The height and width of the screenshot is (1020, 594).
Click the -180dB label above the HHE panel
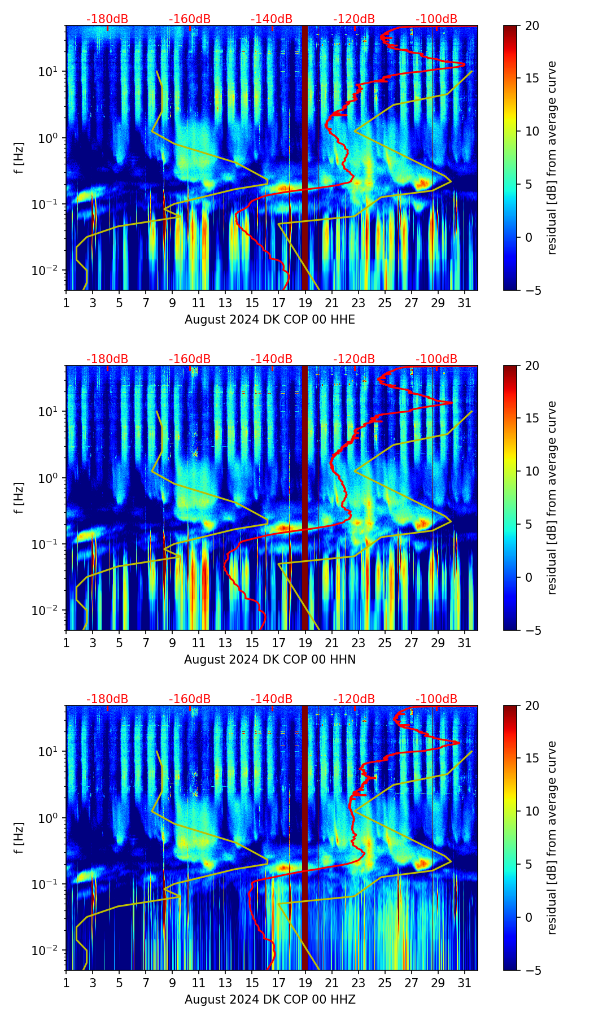coord(107,19)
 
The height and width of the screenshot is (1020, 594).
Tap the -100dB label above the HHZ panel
coord(436,699)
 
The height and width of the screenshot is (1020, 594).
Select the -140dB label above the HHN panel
coord(272,359)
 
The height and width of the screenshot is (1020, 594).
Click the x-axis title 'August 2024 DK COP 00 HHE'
coord(270,320)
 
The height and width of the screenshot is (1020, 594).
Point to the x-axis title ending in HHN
coord(270,660)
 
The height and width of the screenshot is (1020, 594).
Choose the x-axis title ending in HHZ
coord(270,1000)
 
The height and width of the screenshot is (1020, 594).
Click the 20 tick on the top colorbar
coord(532,26)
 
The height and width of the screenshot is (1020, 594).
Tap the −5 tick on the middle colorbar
coord(532,630)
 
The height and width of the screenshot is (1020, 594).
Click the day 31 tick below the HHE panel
coord(465,302)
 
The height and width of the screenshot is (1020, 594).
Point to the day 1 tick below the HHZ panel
coord(67,982)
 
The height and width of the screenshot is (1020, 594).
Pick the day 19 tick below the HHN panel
coord(305,642)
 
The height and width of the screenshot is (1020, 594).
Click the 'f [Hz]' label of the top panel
coord(19,158)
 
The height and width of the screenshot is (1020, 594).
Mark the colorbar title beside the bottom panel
coord(552,838)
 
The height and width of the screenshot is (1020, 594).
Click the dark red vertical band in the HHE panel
coord(305,158)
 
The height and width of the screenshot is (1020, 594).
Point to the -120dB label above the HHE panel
coord(354,19)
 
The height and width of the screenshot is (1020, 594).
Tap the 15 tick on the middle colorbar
coord(532,419)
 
